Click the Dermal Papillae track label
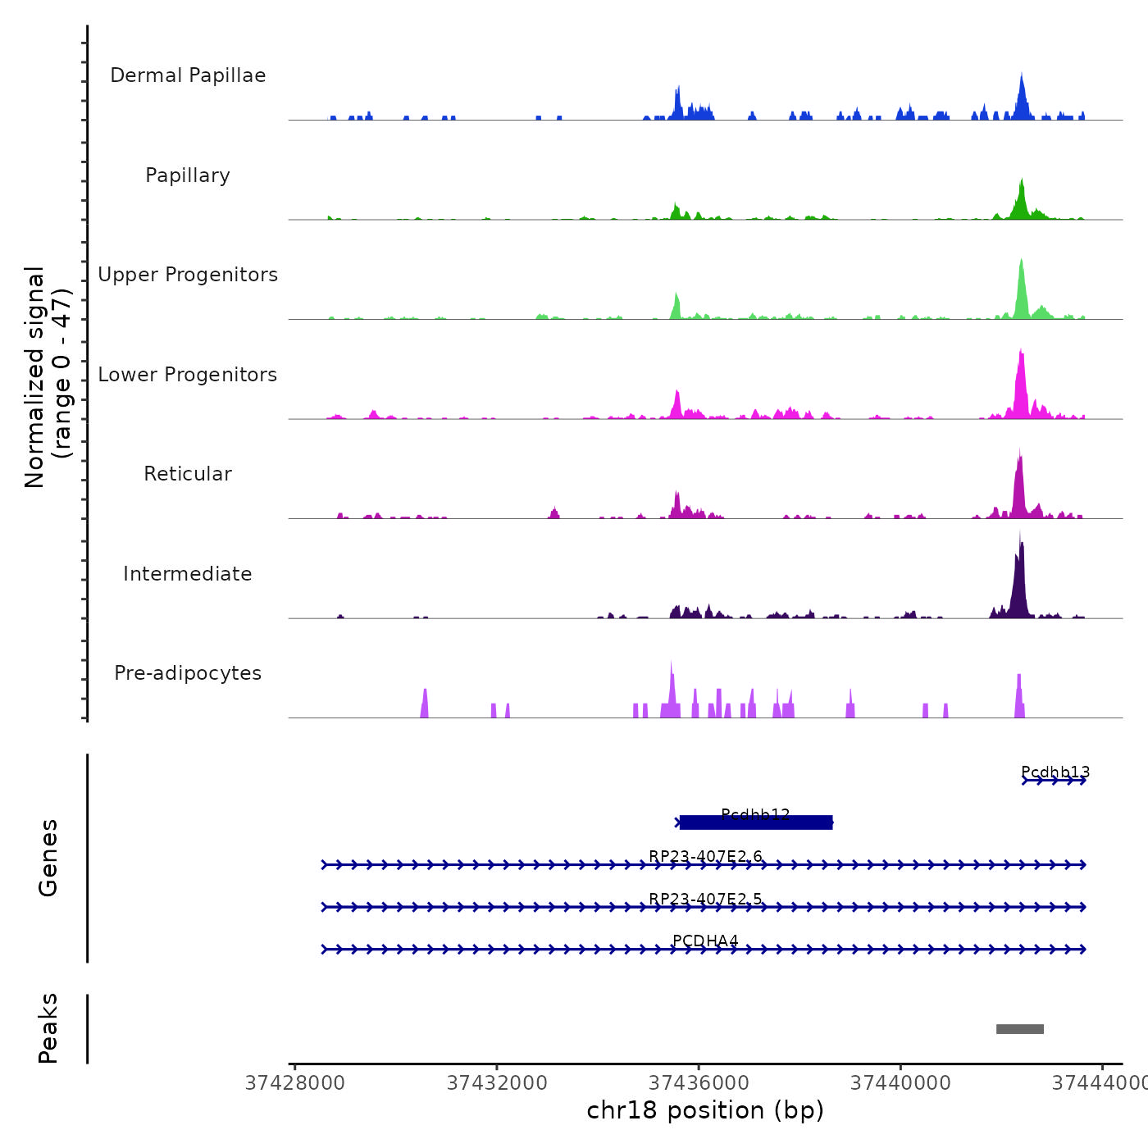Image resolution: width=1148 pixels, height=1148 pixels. coord(188,75)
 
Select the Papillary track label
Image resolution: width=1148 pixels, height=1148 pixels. coord(188,175)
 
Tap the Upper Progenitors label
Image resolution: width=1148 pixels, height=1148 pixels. coord(188,275)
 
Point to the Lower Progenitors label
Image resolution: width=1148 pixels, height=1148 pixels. coord(188,375)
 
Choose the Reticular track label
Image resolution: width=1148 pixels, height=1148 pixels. coord(188,474)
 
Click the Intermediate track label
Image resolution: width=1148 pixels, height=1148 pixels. coord(188,574)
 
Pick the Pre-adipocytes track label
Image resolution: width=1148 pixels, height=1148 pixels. coord(188,673)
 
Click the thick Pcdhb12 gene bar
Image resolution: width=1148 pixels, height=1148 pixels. coord(756,822)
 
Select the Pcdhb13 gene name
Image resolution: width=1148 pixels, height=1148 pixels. coord(1055,772)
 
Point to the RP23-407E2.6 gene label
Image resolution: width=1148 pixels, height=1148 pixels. coord(705,857)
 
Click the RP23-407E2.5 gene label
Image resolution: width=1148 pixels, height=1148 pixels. coord(705,900)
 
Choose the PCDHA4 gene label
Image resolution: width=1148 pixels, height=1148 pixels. coord(705,941)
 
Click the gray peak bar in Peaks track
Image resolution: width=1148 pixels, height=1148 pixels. coord(1020,1029)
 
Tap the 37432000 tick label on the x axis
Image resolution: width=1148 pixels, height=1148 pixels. coord(497,1083)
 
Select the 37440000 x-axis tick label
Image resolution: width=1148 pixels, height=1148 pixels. coord(900,1083)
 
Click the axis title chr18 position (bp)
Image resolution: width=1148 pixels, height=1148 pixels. coord(705,1110)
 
